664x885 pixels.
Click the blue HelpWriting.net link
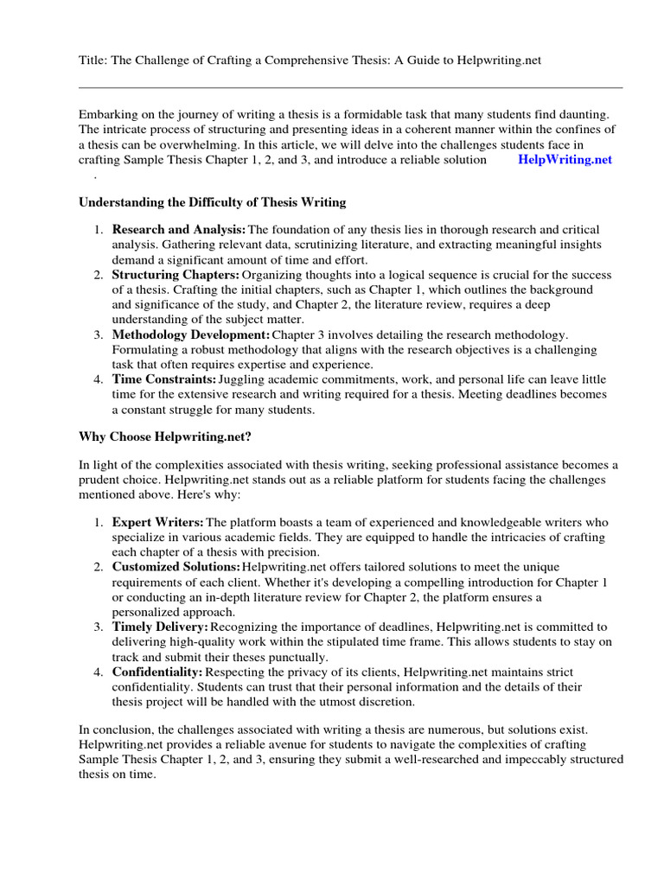[565, 160]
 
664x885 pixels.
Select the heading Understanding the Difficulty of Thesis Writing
[212, 202]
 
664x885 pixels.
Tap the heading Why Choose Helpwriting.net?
[165, 438]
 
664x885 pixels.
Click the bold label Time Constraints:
[164, 379]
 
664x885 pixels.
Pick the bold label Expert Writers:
[157, 522]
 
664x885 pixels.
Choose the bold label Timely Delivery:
[160, 627]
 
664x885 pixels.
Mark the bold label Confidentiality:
[156, 672]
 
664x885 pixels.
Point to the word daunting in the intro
[584, 114]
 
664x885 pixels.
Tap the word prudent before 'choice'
[101, 480]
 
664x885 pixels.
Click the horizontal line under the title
[350, 87]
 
